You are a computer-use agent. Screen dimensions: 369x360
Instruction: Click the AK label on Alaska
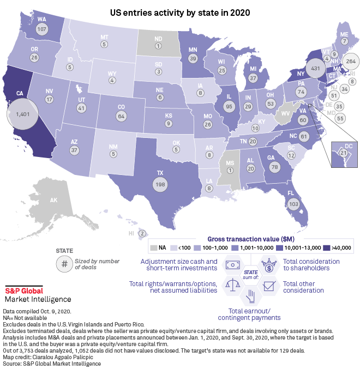point(53,201)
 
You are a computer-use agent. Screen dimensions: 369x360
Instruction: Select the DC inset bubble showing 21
point(343,153)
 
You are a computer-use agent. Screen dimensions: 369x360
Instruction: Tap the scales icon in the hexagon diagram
point(231,283)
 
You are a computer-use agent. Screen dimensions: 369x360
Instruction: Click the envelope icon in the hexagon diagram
point(268,284)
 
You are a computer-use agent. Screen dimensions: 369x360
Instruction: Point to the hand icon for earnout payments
point(249,296)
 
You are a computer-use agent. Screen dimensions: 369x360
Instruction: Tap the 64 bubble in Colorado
point(121,116)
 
